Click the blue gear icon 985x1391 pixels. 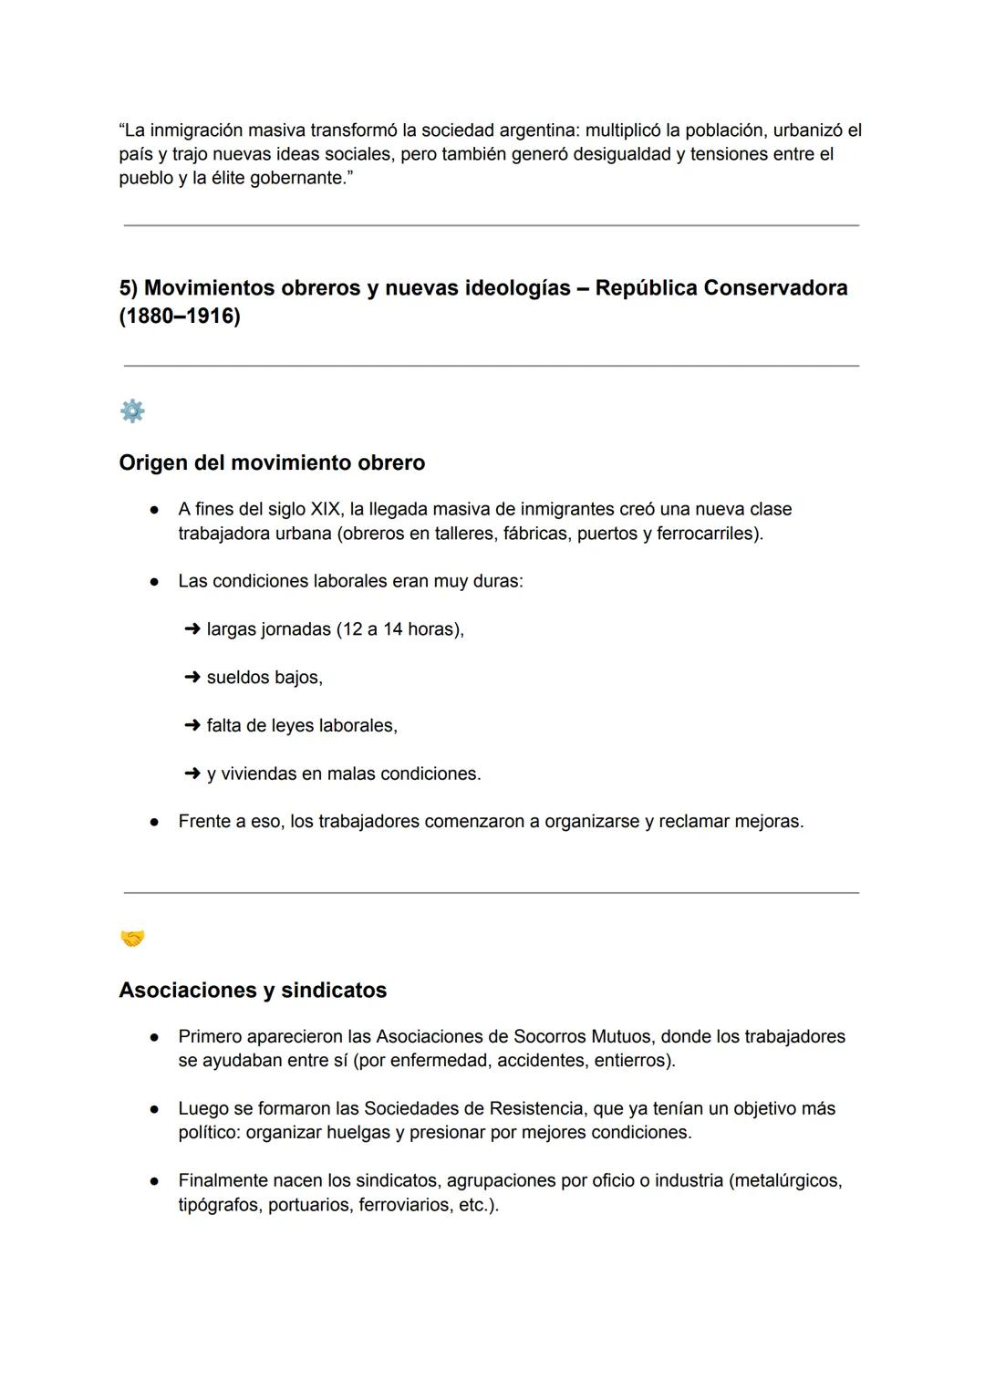[x=132, y=411]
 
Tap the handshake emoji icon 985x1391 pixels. [x=132, y=939]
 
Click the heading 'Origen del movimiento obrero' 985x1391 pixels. [x=272, y=462]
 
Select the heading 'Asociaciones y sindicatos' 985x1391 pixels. [x=253, y=990]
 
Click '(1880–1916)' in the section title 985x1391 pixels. [x=180, y=317]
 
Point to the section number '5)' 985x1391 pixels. [x=129, y=288]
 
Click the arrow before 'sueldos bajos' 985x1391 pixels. [x=192, y=678]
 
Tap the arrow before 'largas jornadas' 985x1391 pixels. [x=192, y=629]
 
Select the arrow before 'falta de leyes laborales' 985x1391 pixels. [x=192, y=726]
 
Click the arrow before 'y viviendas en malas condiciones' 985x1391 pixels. [x=192, y=773]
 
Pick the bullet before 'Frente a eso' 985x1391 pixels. [x=156, y=822]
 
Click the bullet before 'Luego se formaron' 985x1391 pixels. [x=156, y=1109]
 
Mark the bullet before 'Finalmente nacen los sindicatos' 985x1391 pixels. [x=156, y=1181]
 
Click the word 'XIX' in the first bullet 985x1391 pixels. [x=327, y=509]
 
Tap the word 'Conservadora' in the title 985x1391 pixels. [x=775, y=288]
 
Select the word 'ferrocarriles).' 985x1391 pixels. [x=710, y=534]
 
